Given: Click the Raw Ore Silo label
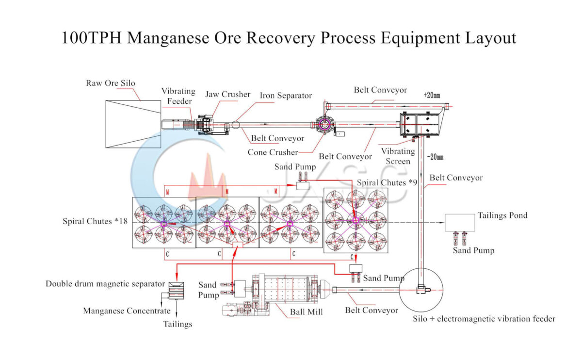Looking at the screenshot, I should (x=111, y=83).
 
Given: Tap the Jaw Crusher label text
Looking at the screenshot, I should (x=227, y=94).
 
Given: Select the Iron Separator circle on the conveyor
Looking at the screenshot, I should (x=236, y=125).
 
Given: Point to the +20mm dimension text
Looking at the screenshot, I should (x=431, y=95).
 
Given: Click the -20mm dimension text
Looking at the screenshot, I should (x=435, y=157).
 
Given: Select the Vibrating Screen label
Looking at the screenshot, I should (x=398, y=156).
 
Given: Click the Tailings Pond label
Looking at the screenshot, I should (x=502, y=215).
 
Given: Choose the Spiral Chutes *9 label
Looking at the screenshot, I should (x=387, y=183).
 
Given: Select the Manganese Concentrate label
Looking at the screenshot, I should (x=127, y=311).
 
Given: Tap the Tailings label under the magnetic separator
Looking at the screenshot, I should (x=178, y=324).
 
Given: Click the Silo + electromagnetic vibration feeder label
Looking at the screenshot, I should (x=484, y=319).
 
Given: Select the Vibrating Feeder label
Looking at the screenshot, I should (x=178, y=96).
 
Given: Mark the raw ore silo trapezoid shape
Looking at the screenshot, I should (x=133, y=124).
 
